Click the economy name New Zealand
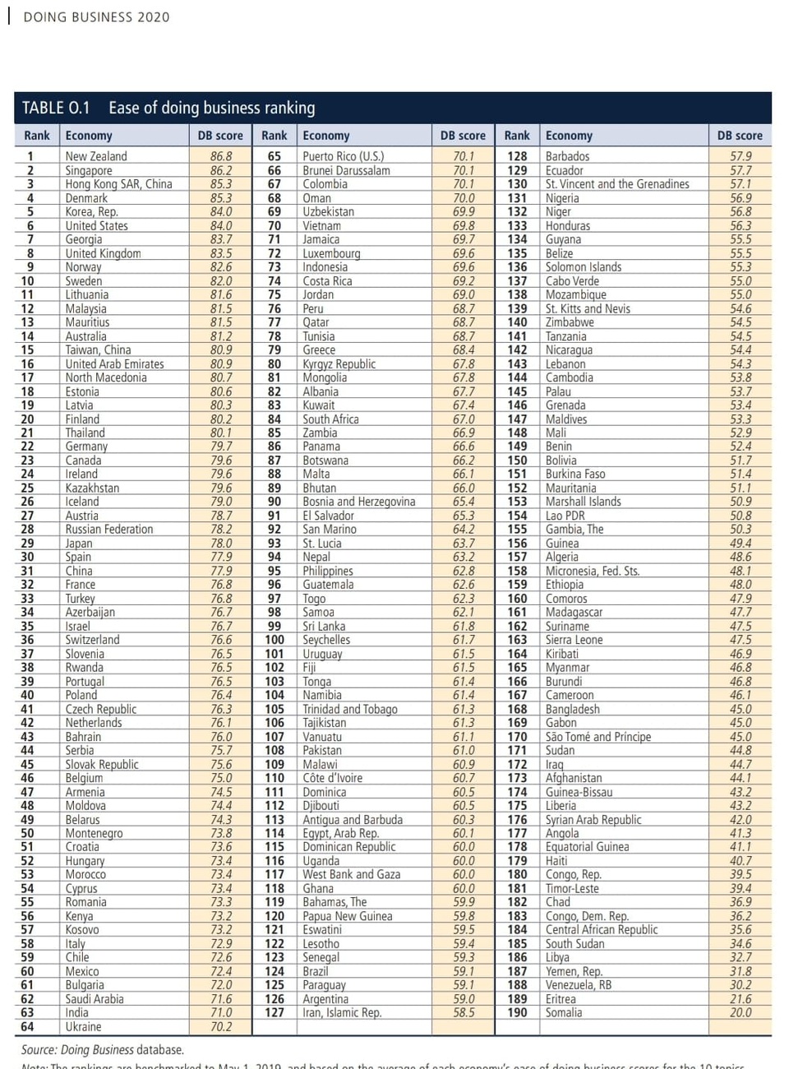(x=96, y=156)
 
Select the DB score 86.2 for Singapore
(x=220, y=170)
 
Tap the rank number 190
(x=517, y=1013)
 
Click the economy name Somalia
(x=564, y=1013)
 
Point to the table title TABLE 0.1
(x=56, y=108)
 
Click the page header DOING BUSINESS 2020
(x=96, y=16)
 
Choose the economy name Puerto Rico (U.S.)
(x=343, y=156)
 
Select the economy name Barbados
(x=567, y=156)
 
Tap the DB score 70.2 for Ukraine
(x=220, y=1027)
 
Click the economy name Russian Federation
(x=109, y=530)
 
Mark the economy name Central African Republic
(x=602, y=930)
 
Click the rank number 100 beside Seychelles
(x=275, y=640)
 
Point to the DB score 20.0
(x=740, y=1013)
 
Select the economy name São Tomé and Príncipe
(x=598, y=737)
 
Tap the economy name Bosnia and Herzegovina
(x=358, y=502)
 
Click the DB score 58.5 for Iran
(x=464, y=1013)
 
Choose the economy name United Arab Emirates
(x=114, y=363)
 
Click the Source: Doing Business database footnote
(x=103, y=1050)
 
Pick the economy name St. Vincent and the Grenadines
(x=617, y=184)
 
